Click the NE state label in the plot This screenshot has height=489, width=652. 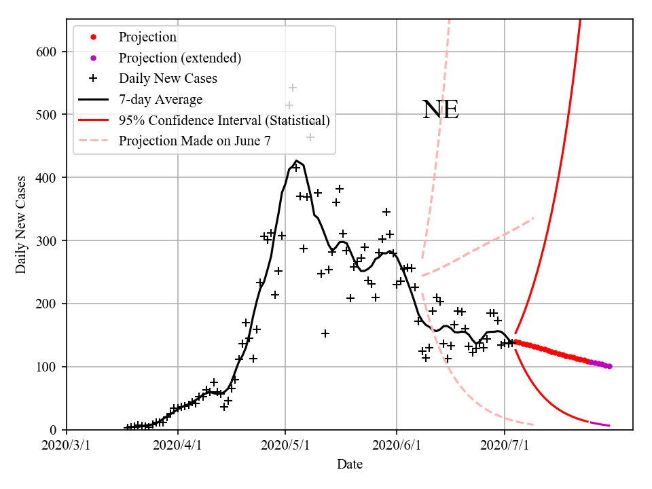(x=441, y=110)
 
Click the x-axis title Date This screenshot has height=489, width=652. (x=350, y=465)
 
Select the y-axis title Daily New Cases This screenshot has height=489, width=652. (x=22, y=225)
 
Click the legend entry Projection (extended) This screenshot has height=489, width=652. (x=179, y=58)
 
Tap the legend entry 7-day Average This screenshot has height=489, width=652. (x=160, y=100)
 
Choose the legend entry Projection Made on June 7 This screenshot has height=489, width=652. (x=197, y=141)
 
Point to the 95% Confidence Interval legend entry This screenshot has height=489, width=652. (x=224, y=121)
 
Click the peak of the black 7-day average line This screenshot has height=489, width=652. (x=296, y=161)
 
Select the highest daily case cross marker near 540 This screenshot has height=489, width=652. (x=293, y=88)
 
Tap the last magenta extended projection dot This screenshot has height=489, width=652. (x=609, y=366)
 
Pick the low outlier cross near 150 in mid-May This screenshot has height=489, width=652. (x=325, y=333)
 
